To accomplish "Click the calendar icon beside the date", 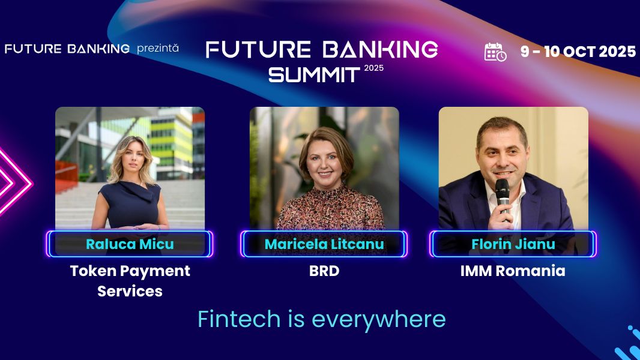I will tap(495, 52).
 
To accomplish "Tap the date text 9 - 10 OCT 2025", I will tap(578, 52).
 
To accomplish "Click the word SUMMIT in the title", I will tap(313, 74).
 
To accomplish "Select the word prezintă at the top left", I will tap(158, 48).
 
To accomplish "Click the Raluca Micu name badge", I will tap(130, 244).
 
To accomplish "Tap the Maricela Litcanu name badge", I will tap(324, 244).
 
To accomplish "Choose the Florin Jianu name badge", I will tap(513, 244).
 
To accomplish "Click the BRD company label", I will tap(324, 271).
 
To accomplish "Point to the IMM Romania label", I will tap(513, 271).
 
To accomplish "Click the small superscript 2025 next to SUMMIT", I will tap(373, 68).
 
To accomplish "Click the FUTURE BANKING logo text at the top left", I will tap(67, 49).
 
